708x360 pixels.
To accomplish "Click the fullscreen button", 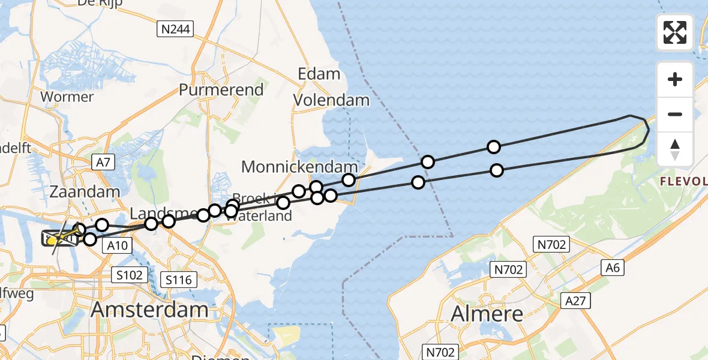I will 675,32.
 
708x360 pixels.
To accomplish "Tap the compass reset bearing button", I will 675,149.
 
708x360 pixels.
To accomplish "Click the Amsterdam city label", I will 149,310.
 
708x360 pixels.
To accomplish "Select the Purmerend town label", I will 221,90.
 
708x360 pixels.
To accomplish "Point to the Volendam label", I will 331,100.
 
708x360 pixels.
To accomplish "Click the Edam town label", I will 319,74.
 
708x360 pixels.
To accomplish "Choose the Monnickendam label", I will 299,166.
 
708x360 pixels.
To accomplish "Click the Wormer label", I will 67,97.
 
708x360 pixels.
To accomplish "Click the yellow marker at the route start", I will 53,241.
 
